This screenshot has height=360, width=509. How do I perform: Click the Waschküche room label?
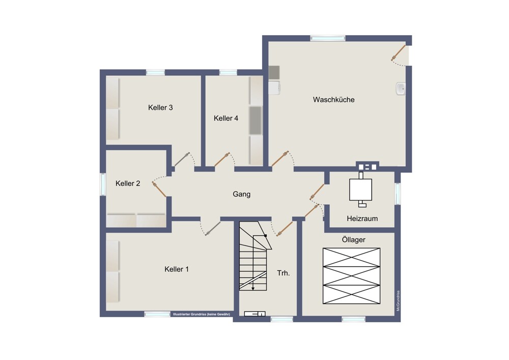[x=333, y=100]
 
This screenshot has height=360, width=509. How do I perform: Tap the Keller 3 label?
[x=160, y=107]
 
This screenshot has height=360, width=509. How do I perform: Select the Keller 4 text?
[x=226, y=119]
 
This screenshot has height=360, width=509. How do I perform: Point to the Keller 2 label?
[x=128, y=183]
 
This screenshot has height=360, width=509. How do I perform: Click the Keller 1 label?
[x=176, y=269]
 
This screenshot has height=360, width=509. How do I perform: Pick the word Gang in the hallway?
[x=241, y=194]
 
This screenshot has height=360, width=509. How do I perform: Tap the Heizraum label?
[x=362, y=218]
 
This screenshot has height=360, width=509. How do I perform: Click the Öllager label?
[x=354, y=239]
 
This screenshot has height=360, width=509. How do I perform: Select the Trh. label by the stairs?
[x=284, y=273]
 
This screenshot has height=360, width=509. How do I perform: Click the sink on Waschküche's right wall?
[x=400, y=89]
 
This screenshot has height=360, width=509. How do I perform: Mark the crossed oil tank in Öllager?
[x=351, y=276]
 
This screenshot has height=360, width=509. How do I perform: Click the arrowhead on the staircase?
[x=253, y=288]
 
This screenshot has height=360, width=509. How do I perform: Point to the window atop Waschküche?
[x=327, y=38]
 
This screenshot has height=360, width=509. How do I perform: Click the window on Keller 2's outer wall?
[x=103, y=184]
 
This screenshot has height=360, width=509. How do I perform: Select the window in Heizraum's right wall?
[x=398, y=193]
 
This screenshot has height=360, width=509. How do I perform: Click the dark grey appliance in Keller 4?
[x=256, y=120]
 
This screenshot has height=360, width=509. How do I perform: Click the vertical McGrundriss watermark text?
[x=399, y=301]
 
